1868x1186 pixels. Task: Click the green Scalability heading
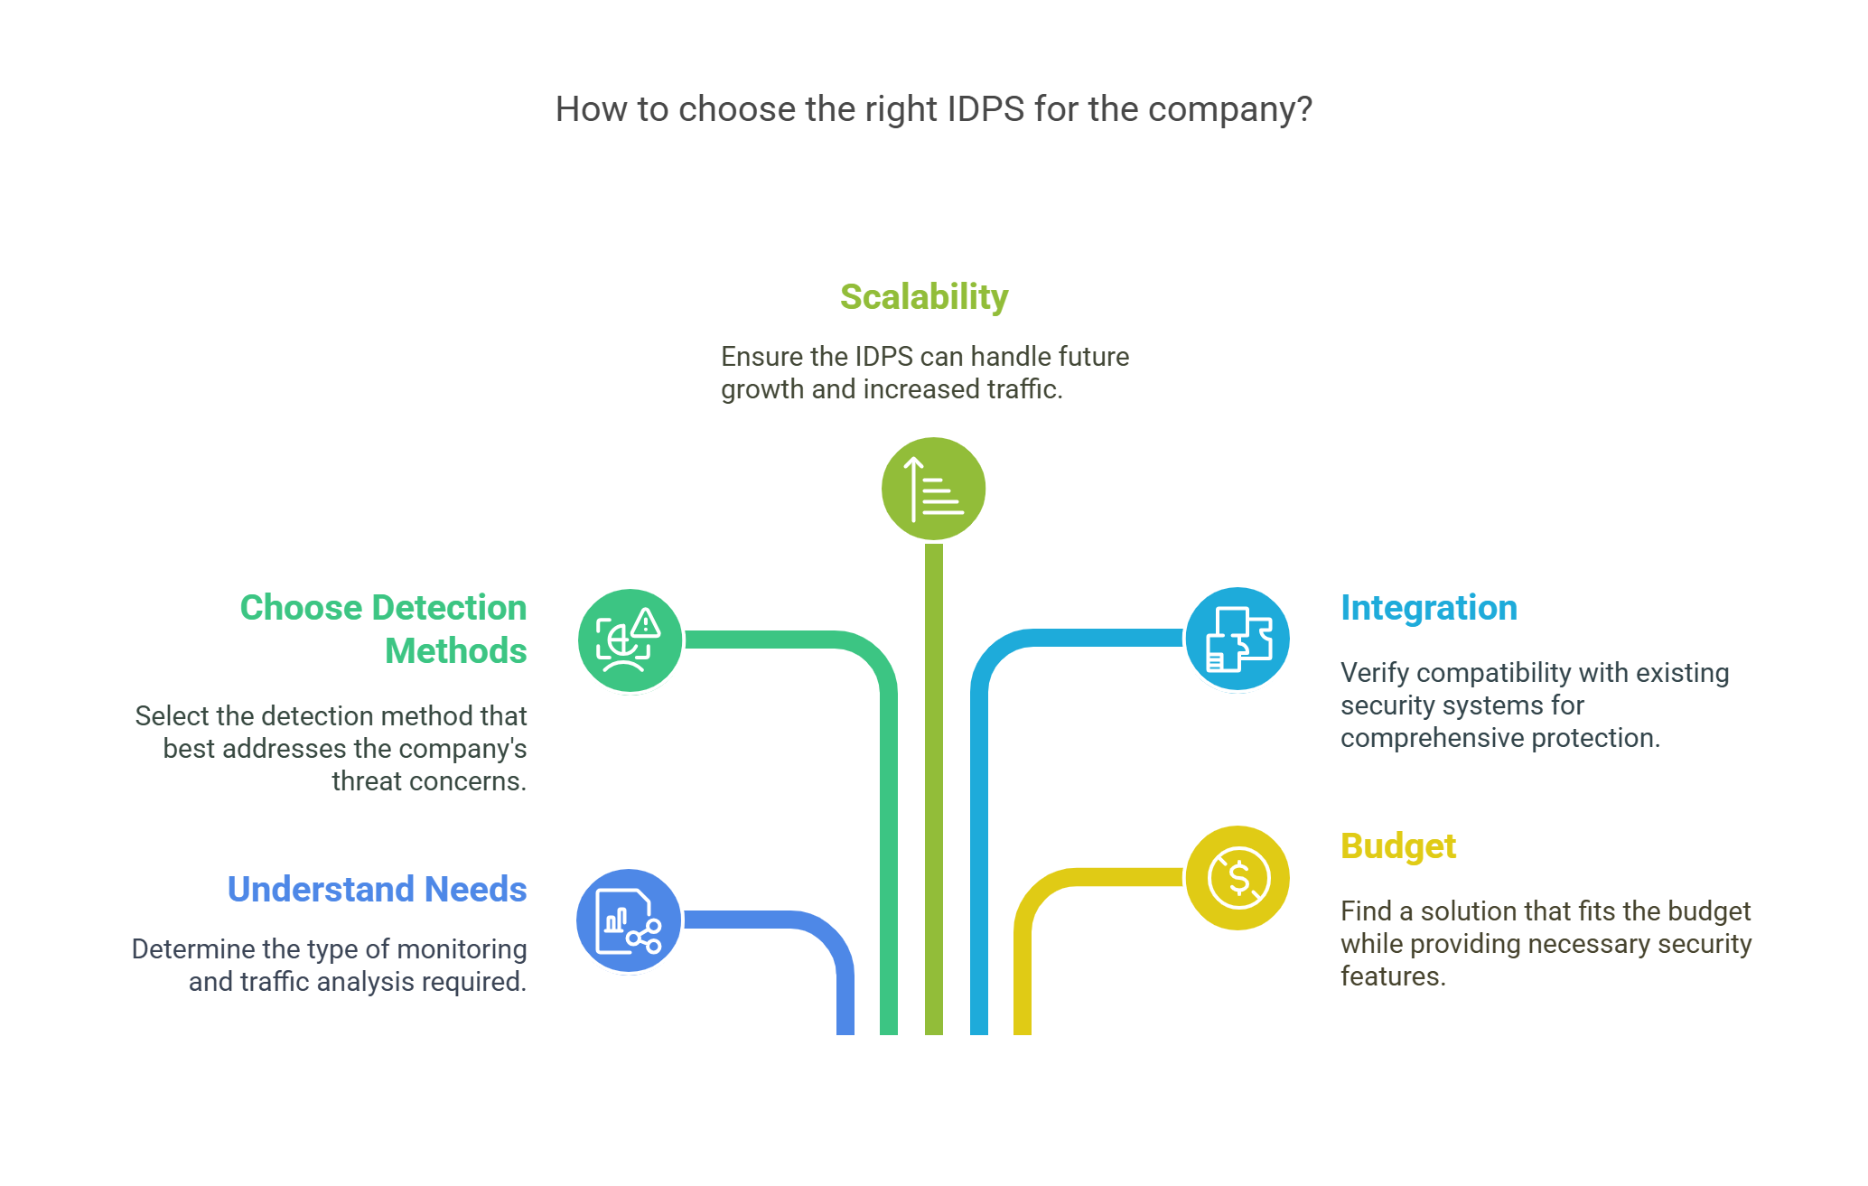923,297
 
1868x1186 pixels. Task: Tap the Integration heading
1428,608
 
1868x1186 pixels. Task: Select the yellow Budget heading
1397,846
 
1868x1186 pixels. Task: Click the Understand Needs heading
377,890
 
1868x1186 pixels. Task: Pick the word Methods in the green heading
455,651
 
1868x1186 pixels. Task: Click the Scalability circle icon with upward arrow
933,489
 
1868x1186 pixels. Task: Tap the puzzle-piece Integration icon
1238,640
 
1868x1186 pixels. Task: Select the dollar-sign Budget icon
1238,878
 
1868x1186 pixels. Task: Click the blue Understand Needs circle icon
629,921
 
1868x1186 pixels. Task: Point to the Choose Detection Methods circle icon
630,640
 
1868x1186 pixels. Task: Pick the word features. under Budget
1393,976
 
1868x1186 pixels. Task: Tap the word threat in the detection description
364,781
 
